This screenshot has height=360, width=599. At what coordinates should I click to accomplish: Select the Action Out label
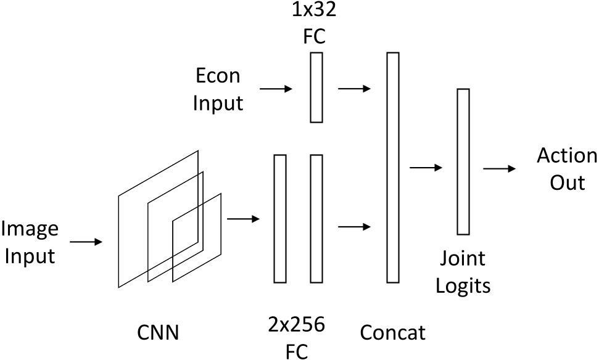(x=566, y=169)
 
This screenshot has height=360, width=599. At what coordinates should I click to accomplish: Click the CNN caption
(x=158, y=333)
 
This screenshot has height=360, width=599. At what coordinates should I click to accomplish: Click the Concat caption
(x=392, y=333)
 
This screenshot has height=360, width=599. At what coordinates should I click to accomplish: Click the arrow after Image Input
(x=86, y=242)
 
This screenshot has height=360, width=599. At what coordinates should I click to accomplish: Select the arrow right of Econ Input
(x=276, y=89)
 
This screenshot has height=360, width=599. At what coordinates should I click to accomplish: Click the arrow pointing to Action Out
(x=500, y=168)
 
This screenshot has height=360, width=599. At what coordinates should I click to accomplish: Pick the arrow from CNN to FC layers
(x=244, y=218)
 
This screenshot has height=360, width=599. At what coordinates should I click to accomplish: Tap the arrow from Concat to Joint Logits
(x=426, y=168)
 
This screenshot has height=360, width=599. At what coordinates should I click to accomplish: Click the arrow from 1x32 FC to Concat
(x=355, y=89)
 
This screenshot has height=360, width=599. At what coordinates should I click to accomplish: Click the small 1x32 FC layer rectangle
(x=316, y=88)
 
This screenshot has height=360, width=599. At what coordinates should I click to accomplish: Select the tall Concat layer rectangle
(x=392, y=168)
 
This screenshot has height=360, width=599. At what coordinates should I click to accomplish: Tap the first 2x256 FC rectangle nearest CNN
(x=280, y=219)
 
